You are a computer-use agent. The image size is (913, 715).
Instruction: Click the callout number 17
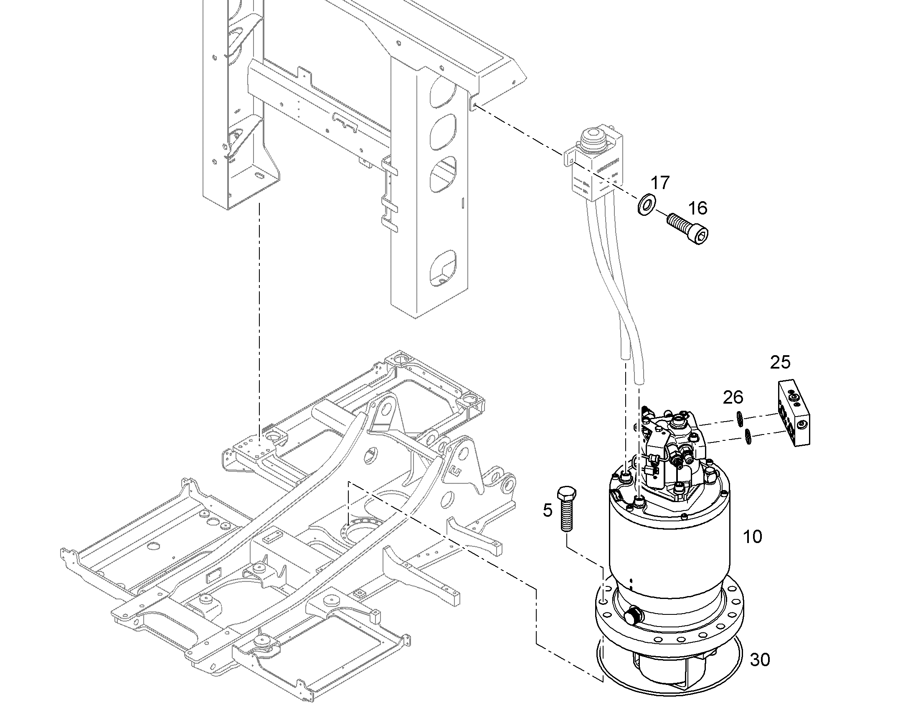tap(660, 183)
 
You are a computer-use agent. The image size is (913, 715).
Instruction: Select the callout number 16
tap(697, 208)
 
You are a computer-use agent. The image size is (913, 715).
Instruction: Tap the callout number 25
tap(780, 362)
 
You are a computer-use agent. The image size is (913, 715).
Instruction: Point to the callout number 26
tap(733, 397)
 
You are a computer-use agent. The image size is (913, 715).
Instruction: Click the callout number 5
tap(548, 510)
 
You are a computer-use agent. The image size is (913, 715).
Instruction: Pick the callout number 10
tap(752, 537)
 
